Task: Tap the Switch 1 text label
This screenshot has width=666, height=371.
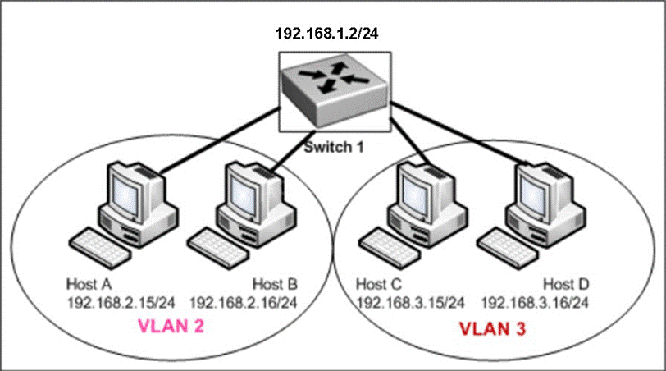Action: click(x=334, y=149)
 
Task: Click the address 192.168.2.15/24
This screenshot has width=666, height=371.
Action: click(x=120, y=301)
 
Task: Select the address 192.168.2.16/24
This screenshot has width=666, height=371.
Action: click(x=243, y=301)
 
